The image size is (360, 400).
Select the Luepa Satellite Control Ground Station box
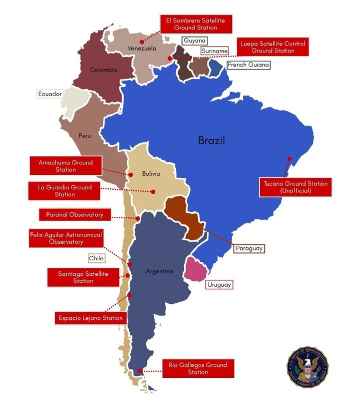coord(272,47)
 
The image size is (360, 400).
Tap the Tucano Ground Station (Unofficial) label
coord(296,187)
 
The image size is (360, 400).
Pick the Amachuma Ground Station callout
coord(65,166)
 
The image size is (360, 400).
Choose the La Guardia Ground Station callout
coord(65,191)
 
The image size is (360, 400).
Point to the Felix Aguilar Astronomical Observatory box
coord(65,238)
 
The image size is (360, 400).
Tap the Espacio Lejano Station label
coord(90,318)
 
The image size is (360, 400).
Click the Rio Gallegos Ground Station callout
coord(198,368)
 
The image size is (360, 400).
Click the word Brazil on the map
coord(211,141)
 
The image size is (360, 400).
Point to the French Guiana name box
coord(248,65)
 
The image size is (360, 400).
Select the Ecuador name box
coord(50,94)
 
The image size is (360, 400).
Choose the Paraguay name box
coord(249,248)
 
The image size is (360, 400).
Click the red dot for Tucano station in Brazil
coord(289,159)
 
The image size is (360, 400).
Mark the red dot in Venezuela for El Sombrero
coord(142,42)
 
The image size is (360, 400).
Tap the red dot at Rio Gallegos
coord(140,371)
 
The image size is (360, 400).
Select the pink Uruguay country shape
coord(194,269)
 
